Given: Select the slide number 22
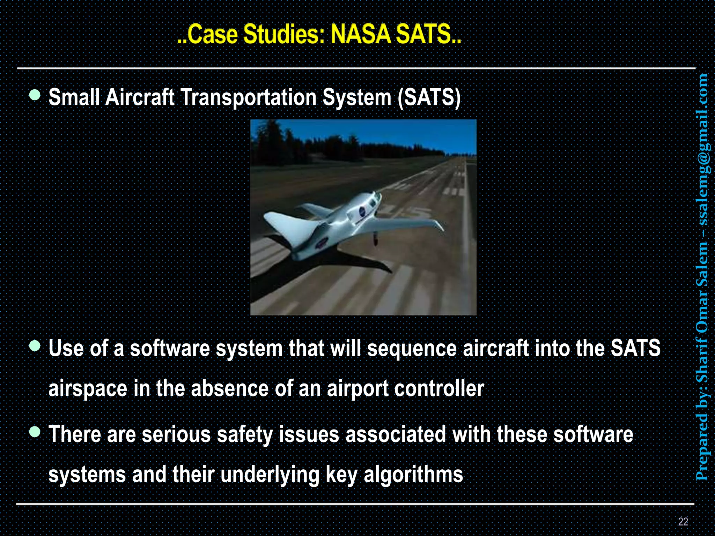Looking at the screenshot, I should pos(683,521).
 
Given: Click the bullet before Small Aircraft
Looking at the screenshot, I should pos(35,95).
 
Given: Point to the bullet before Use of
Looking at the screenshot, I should pos(35,346).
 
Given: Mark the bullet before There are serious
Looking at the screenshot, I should pos(35,432).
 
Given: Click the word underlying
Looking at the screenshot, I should pos(270,475).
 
